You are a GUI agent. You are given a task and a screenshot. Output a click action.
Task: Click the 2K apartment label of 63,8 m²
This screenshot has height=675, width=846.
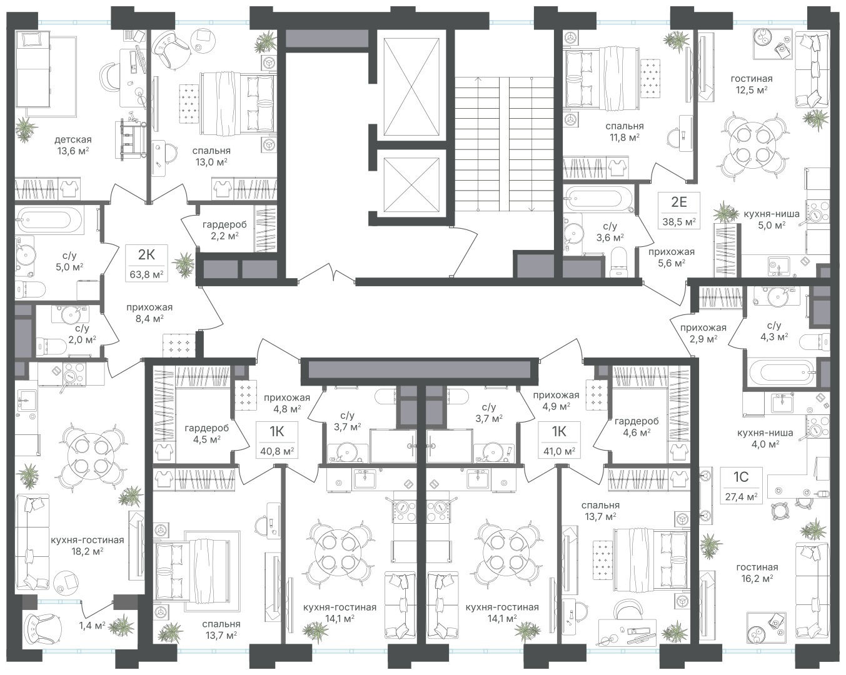(x=147, y=263)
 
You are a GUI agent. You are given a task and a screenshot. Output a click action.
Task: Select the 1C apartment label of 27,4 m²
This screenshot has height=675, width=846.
(x=741, y=485)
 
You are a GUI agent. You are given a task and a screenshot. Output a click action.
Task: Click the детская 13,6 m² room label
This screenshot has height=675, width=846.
(x=73, y=145)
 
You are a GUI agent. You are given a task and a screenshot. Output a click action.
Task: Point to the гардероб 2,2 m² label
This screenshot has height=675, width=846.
(x=224, y=230)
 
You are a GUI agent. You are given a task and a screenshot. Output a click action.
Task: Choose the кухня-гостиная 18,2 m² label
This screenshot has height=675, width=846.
(x=88, y=546)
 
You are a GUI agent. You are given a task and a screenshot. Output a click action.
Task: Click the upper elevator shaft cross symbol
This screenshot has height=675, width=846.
(x=411, y=87)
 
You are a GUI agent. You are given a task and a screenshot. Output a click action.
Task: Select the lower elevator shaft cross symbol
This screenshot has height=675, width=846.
(x=411, y=185)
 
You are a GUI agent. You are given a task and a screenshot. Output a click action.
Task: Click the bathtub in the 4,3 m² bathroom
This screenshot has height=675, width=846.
(x=781, y=372)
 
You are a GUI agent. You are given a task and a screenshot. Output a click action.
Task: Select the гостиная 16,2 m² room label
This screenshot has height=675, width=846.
(x=757, y=572)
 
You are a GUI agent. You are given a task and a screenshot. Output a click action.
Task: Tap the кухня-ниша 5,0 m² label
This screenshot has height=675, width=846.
(x=772, y=219)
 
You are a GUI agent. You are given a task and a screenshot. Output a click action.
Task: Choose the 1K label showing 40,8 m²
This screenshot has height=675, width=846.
(x=277, y=439)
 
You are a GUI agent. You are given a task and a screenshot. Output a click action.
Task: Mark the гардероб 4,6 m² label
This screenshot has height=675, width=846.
(x=637, y=427)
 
